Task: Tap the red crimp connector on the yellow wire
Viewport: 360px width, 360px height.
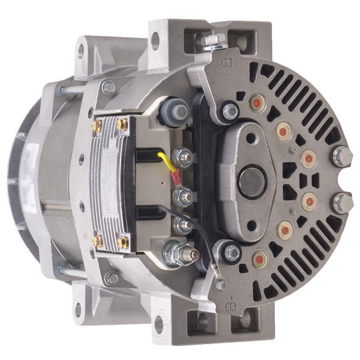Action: pyautogui.click(x=175, y=178)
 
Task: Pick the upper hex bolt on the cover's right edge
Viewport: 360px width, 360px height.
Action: pyautogui.click(x=342, y=156)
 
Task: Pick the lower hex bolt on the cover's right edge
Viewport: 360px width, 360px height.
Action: pyautogui.click(x=343, y=203)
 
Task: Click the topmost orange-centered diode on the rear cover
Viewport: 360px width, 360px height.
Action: pyautogui.click(x=257, y=103)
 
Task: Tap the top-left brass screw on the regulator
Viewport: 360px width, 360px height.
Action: pyautogui.click(x=97, y=125)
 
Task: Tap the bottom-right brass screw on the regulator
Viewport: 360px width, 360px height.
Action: pyautogui.click(x=123, y=243)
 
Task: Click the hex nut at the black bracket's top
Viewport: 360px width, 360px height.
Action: pyautogui.click(x=230, y=111)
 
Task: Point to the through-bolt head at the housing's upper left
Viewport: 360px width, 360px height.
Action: pyautogui.click(x=108, y=88)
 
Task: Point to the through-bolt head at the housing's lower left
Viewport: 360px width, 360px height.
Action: pyautogui.click(x=111, y=278)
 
